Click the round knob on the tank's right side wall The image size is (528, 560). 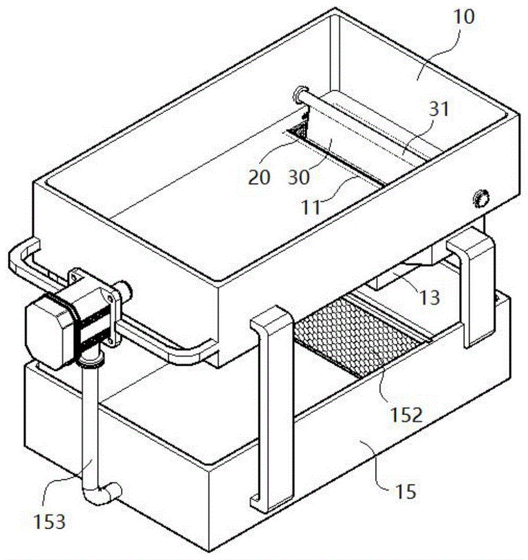481,197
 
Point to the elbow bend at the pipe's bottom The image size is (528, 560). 103,494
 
